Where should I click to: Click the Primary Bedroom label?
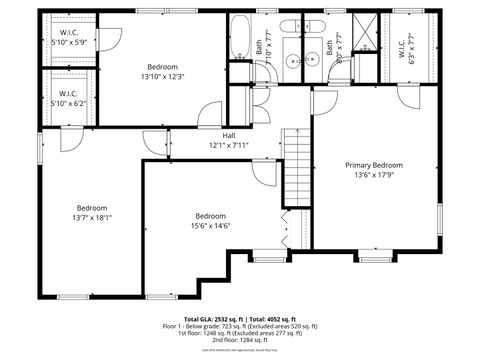tap(374, 165)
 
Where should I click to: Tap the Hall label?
tap(228, 135)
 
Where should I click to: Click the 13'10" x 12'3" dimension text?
tap(163, 76)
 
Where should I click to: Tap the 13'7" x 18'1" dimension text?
tap(92, 217)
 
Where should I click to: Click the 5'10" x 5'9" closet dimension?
tap(69, 42)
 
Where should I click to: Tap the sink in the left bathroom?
tap(292, 60)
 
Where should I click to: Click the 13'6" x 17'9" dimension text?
tap(374, 175)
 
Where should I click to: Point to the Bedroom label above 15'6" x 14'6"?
tap(210, 216)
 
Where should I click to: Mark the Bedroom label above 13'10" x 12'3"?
tap(163, 66)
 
